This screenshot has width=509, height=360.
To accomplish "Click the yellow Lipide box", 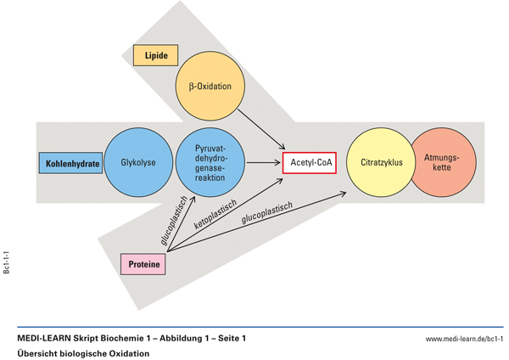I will [x=155, y=56].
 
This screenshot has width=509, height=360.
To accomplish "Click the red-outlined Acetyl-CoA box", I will [x=308, y=161].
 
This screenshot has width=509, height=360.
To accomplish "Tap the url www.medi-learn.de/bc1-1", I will [x=464, y=339].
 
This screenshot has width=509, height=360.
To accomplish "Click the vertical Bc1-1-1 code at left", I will [x=8, y=261].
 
